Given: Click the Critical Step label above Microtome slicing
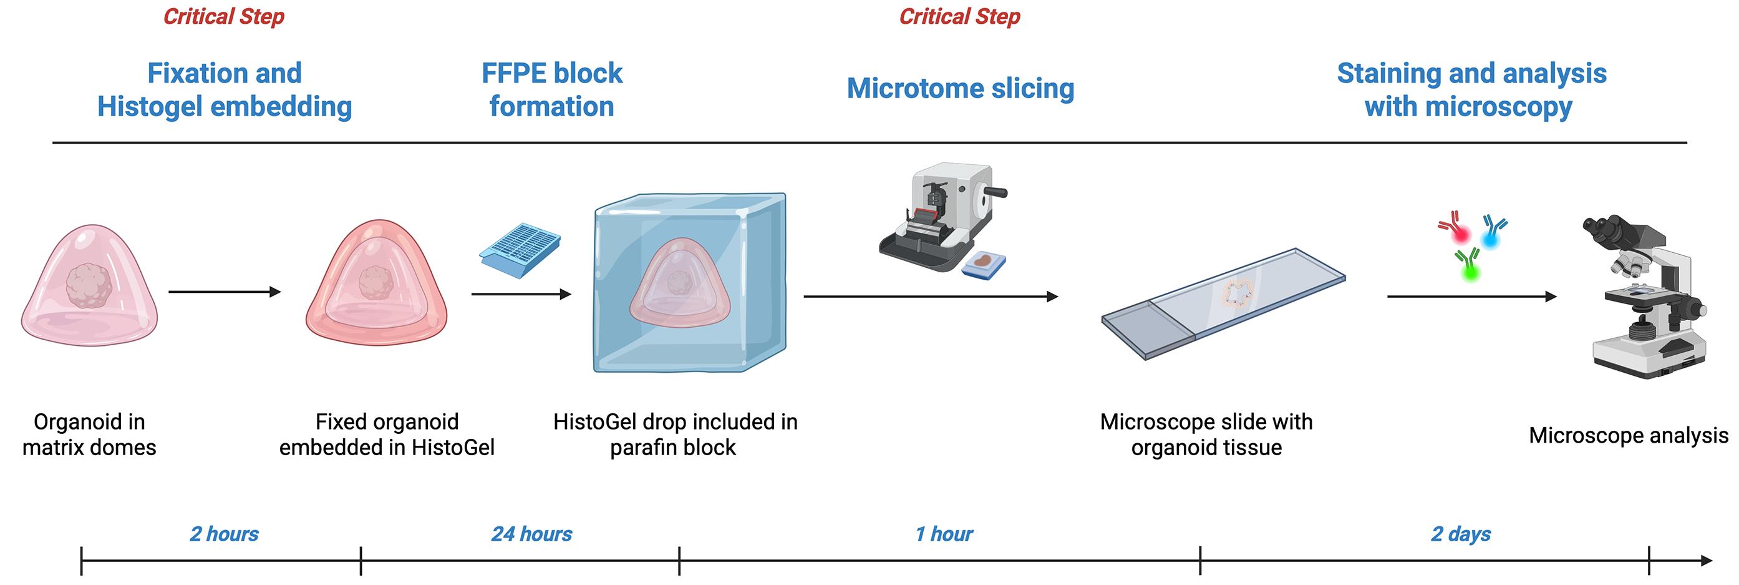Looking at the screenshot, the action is pos(959,16).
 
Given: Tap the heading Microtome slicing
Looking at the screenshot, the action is pos(961,89).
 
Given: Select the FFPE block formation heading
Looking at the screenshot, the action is pos(551,90).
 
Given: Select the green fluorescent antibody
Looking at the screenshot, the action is pos(1468,265).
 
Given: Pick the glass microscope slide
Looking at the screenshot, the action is pos(1223,303).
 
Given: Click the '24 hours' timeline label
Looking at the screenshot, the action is pos(531,534).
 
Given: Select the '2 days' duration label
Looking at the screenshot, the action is pos(1461,534).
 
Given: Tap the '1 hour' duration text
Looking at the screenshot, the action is pos(944,534).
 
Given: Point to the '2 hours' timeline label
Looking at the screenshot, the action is pos(224,534).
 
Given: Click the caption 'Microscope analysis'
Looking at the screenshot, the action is pos(1629,435).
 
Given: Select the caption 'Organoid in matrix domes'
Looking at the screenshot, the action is pos(89,435).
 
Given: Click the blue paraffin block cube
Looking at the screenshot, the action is pos(690,282).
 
